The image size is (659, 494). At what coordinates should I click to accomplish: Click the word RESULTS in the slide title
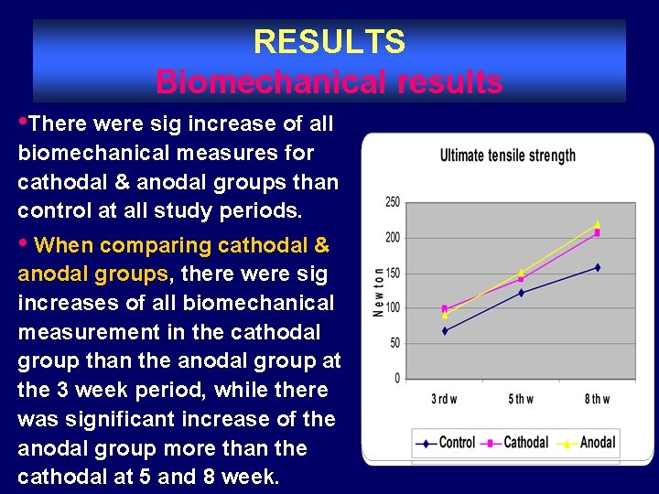coord(329,41)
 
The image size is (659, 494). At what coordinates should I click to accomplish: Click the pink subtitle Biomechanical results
coord(329,81)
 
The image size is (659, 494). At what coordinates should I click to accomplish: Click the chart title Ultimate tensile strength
coord(508,155)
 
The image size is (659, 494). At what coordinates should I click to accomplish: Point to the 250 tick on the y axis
coord(391,202)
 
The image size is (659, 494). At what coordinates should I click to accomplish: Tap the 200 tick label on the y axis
coord(391,238)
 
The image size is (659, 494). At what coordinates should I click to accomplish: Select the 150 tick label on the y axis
coord(391,273)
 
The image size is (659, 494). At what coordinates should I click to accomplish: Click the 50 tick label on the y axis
coord(394,343)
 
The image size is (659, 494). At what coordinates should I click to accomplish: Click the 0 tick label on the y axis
coord(396,378)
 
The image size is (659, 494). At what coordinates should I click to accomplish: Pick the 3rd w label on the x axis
coord(445,399)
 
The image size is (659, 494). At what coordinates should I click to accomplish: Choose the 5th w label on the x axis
coord(521,399)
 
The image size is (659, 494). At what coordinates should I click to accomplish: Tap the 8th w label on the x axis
coord(597,399)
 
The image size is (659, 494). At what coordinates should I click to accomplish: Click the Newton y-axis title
coord(378,291)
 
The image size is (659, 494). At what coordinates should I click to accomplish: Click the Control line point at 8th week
coord(598,267)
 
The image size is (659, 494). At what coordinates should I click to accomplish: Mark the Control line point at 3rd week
coord(445,330)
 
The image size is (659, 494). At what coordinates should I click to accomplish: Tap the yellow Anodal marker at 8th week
coord(598,223)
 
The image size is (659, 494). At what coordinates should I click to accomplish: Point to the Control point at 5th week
coord(521,293)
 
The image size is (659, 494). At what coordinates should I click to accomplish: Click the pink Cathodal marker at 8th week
coord(598,233)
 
